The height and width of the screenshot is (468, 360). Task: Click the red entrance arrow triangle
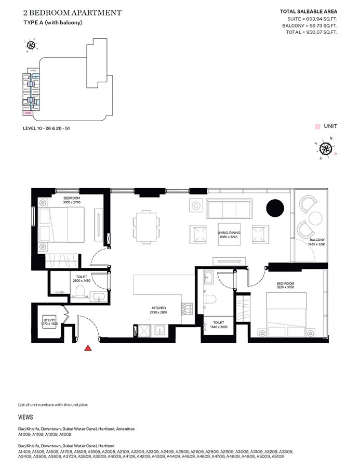[88, 348]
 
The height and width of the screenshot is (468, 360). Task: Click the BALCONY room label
[316, 240]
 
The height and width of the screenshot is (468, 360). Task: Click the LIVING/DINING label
[228, 233]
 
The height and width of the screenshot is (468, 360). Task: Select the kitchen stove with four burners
[186, 308]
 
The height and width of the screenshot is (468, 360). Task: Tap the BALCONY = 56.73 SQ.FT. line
[310, 25]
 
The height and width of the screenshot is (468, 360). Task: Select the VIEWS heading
[25, 417]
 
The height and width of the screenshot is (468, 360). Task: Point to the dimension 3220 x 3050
[286, 287]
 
